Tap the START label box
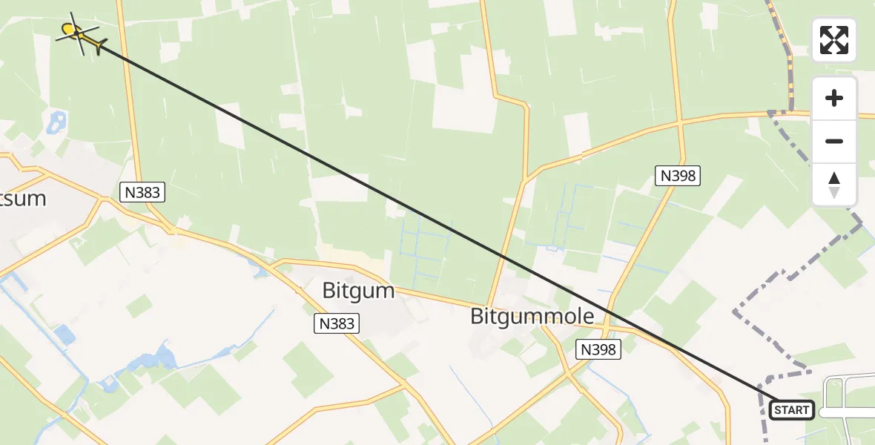(792, 409)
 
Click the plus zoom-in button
(834, 98)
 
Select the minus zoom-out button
(834, 141)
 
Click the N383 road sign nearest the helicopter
(141, 193)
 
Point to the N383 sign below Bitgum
(337, 323)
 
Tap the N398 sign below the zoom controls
(677, 176)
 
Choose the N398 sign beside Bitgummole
(598, 349)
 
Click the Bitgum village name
(358, 290)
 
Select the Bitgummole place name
(532, 317)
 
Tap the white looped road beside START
(842, 393)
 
